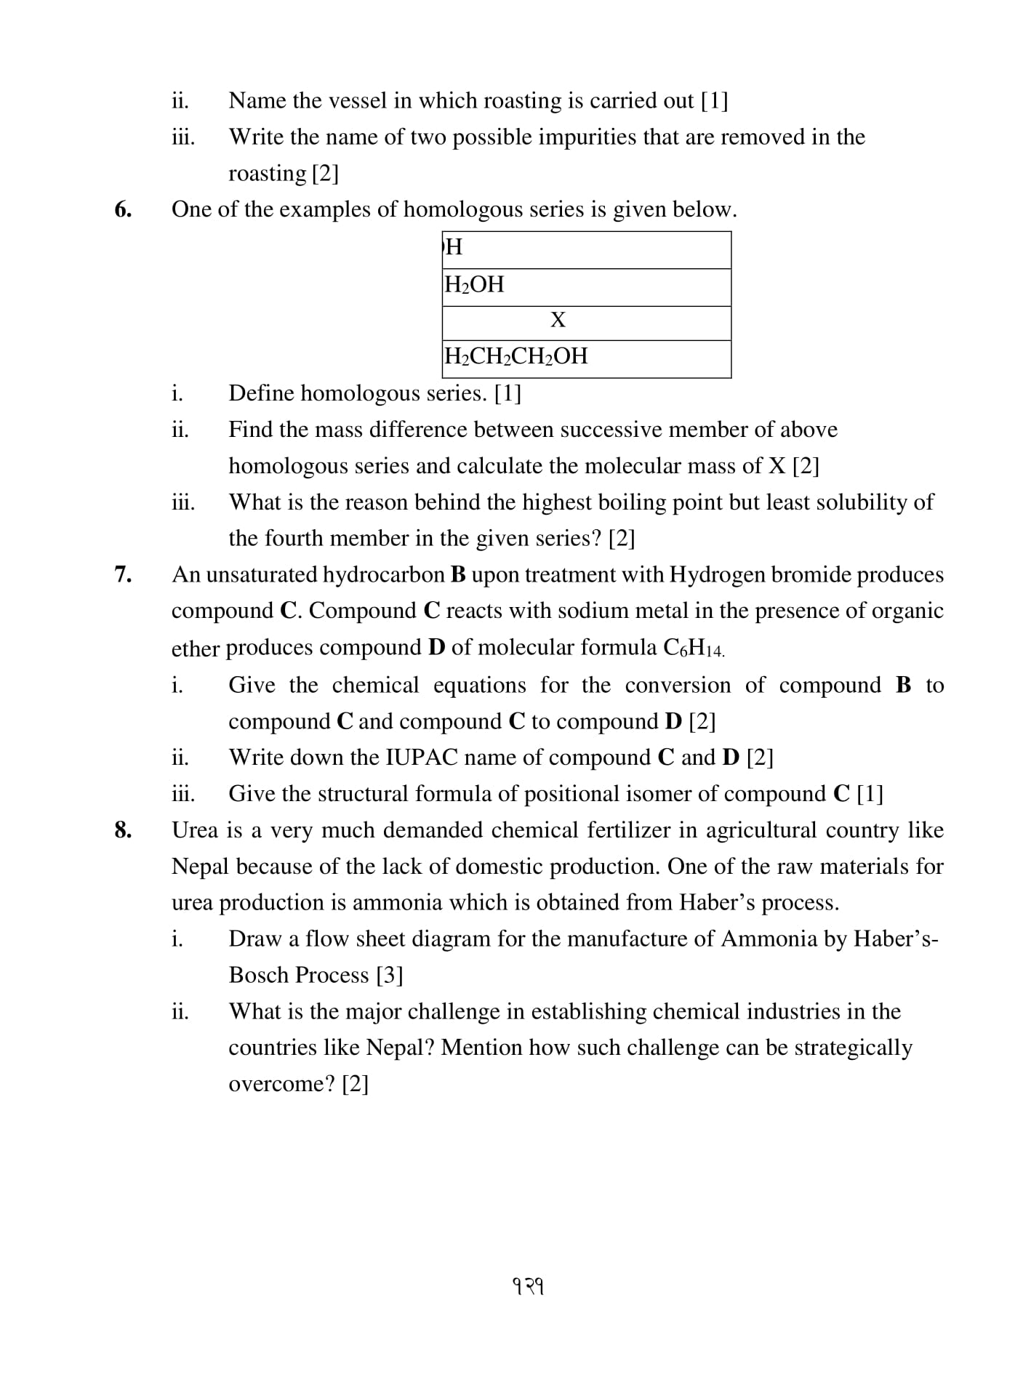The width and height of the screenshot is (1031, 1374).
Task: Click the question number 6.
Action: click(x=123, y=209)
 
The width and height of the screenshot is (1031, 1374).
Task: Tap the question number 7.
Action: click(x=123, y=574)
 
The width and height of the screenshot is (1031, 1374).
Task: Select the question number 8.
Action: click(x=123, y=829)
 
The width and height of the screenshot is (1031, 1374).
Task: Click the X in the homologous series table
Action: click(x=558, y=320)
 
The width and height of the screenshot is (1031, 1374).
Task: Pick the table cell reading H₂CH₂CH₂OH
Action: click(x=515, y=356)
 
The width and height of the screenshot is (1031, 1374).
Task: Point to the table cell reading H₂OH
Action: click(x=474, y=284)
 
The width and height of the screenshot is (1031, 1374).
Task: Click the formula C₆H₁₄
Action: click(x=694, y=648)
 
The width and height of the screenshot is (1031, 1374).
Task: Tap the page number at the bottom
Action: click(x=529, y=1287)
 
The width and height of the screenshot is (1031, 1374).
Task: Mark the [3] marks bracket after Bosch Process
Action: click(x=390, y=975)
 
